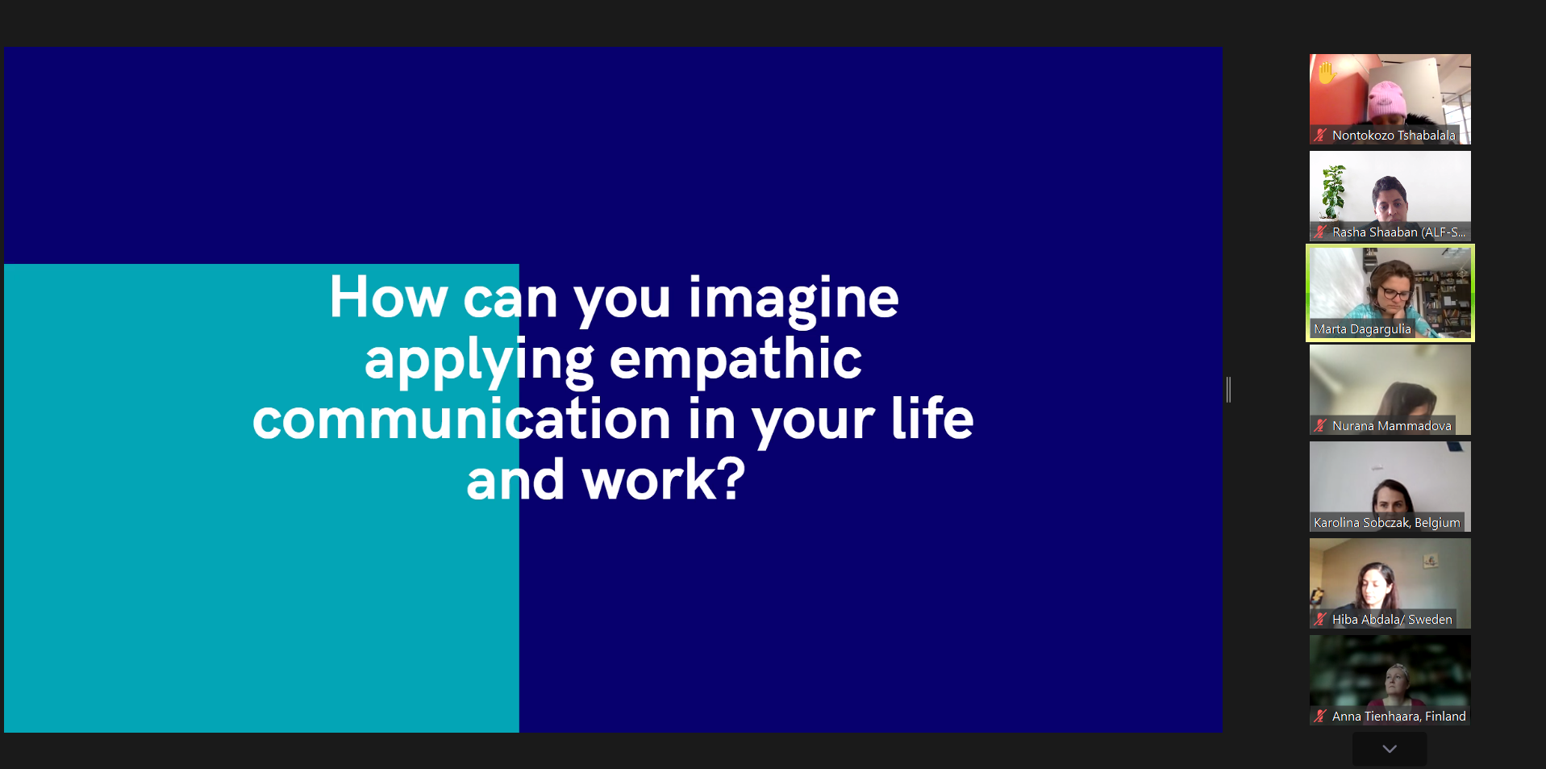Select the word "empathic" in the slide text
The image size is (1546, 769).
(x=735, y=359)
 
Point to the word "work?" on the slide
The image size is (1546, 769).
(x=663, y=479)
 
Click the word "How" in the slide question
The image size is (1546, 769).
(x=388, y=297)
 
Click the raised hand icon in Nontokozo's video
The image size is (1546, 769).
(x=1326, y=73)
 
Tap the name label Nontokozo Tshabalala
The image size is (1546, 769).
(x=1394, y=136)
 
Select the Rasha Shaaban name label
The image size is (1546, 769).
(x=1398, y=232)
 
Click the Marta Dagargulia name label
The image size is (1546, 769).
(x=1362, y=329)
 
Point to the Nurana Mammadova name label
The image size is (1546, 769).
(x=1391, y=426)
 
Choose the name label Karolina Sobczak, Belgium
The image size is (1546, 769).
(x=1386, y=523)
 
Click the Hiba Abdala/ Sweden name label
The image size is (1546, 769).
(x=1392, y=620)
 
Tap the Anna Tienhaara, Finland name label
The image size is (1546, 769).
(x=1398, y=717)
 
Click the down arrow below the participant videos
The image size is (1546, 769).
(x=1390, y=749)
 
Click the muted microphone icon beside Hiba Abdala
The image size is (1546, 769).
(x=1320, y=620)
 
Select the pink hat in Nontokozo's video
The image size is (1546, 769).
(x=1386, y=98)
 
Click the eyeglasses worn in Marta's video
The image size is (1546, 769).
(x=1394, y=290)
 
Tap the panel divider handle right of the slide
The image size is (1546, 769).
(x=1228, y=390)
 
